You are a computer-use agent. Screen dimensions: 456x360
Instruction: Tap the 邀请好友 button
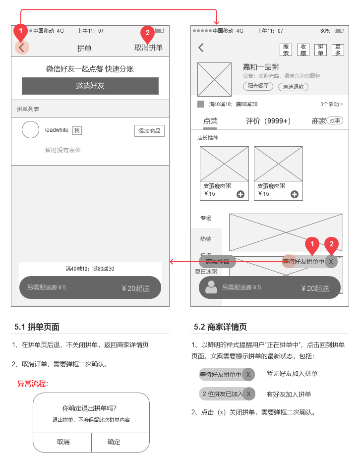[x=90, y=86]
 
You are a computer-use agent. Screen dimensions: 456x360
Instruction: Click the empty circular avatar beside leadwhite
[x=30, y=130]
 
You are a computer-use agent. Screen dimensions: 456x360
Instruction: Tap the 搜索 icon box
[x=286, y=50]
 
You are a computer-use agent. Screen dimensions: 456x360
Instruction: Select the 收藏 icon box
[x=303, y=50]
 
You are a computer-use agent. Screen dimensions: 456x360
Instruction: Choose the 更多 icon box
[x=338, y=50]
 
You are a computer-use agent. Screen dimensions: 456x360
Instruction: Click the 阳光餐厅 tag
[x=258, y=86]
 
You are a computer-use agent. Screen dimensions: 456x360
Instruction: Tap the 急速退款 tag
[x=293, y=87]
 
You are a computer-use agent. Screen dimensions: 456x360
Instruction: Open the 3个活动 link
[x=331, y=104]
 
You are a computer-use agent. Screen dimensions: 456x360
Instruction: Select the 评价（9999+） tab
[x=268, y=121]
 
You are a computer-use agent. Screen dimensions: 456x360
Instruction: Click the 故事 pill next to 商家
[x=335, y=120]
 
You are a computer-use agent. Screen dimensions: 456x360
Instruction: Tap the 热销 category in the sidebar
[x=205, y=239]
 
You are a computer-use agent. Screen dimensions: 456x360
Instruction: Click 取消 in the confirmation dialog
[x=63, y=442]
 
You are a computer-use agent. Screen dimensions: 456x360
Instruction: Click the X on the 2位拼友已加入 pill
[x=248, y=394]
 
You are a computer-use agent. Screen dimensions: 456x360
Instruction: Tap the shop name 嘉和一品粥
[x=260, y=67]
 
